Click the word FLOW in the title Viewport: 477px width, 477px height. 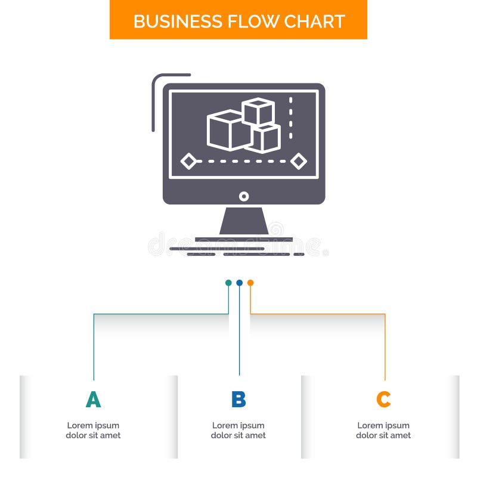coord(246,21)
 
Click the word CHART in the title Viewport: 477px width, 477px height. coord(314,21)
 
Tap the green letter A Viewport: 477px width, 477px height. coord(93,399)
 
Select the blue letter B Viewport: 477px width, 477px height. coord(238,399)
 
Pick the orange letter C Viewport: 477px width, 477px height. coord(383,399)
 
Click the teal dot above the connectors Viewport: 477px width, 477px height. coord(228,283)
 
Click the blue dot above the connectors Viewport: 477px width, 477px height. coord(239,283)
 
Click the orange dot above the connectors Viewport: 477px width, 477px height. coord(250,283)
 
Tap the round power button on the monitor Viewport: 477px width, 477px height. coord(244,196)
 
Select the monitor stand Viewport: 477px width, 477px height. coord(244,222)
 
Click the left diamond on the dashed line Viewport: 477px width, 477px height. coord(188,161)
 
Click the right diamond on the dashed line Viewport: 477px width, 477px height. coord(299,161)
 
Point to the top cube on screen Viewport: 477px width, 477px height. coord(258,111)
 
